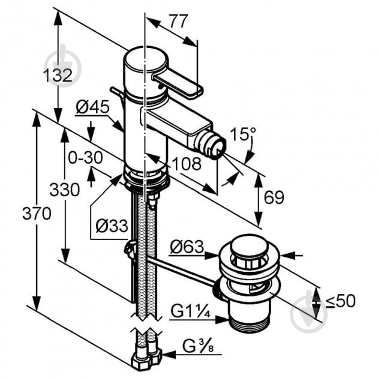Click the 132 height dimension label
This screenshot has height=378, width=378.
(58, 75)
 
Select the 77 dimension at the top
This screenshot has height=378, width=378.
(178, 21)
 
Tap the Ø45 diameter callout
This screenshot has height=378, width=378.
(92, 107)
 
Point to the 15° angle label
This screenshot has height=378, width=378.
(243, 134)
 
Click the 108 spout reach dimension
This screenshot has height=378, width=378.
(187, 164)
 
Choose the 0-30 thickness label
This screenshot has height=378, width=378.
(85, 158)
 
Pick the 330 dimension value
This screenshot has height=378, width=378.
(65, 190)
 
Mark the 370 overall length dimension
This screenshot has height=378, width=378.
(37, 214)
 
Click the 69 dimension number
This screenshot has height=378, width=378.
(274, 197)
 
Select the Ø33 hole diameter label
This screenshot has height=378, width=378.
(112, 226)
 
